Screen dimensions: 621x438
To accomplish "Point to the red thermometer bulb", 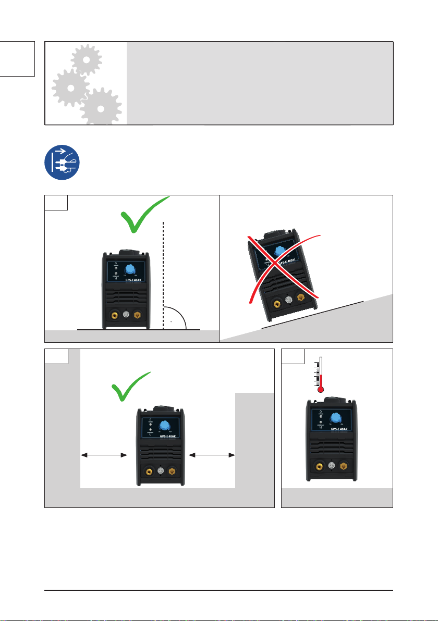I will tap(321, 388).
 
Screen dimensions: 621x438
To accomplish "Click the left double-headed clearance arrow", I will tap(104, 455).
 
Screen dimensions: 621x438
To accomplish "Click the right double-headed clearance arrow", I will tap(212, 455).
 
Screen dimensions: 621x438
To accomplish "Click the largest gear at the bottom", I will tap(101, 107).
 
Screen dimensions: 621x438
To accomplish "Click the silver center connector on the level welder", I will tap(126, 315).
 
